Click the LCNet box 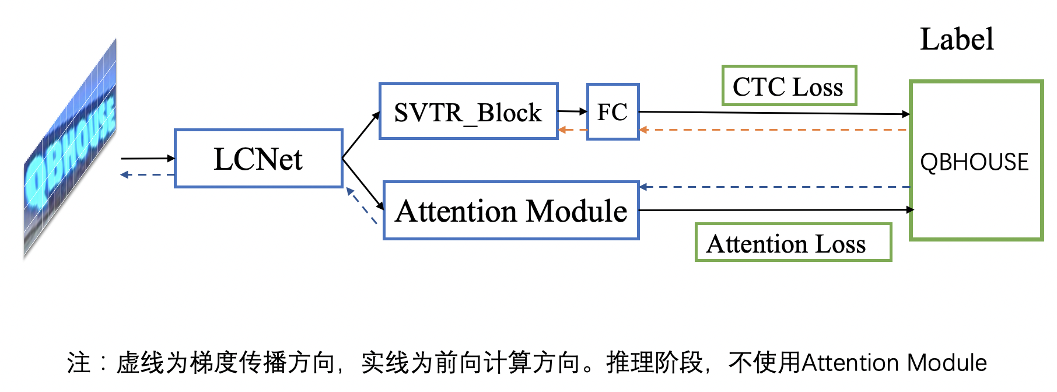click(258, 159)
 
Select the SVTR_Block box click(468, 111)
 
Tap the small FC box click(612, 111)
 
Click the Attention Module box click(511, 211)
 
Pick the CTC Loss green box click(789, 86)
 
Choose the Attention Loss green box click(793, 243)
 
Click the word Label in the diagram click(957, 40)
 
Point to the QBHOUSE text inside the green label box click(974, 162)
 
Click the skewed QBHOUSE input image click(70, 149)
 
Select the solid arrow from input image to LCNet click(147, 158)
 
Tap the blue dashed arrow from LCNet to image click(147, 174)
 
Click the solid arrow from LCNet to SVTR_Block click(360, 135)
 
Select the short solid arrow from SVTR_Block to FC click(572, 111)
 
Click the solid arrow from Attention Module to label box click(776, 209)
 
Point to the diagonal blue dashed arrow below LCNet click(362, 205)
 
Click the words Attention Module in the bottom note click(894, 363)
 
